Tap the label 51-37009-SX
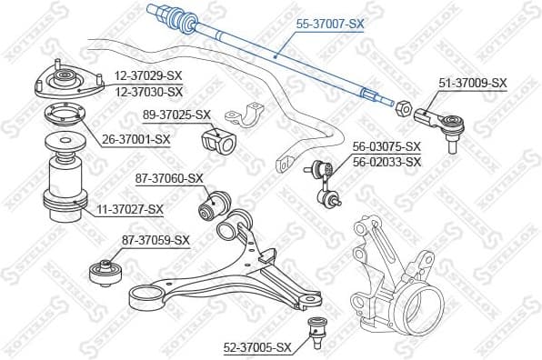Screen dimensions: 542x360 473,83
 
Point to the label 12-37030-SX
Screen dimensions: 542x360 149,91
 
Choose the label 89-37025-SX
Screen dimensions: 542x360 177,115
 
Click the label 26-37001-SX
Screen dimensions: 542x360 136,139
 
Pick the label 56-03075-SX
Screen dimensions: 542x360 386,146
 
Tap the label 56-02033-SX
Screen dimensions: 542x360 386,162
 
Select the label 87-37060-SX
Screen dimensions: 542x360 168,178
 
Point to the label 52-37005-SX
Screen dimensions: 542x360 257,347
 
